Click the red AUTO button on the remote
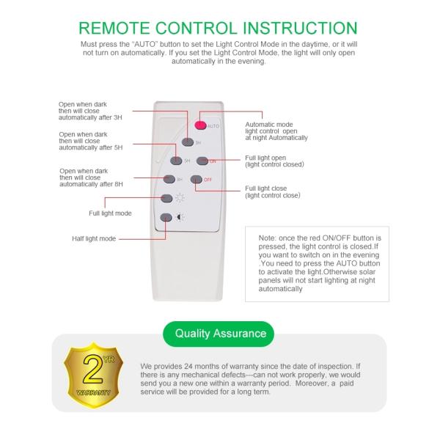tap(201, 125)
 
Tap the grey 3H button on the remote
tap(188, 142)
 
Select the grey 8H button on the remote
tap(169, 179)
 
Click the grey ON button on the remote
tap(202, 161)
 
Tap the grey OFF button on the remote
tap(196, 180)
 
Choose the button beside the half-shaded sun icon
tap(166, 218)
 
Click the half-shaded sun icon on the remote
tap(180, 217)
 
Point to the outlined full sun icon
tap(180, 198)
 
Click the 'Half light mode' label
tap(94, 238)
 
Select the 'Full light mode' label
tap(110, 213)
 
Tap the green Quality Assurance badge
tap(219, 334)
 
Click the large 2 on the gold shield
tap(93, 369)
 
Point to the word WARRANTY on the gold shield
tap(93, 392)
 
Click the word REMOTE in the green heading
tap(114, 28)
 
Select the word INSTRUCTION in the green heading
tap(300, 28)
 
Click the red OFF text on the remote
tap(208, 180)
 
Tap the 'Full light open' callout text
tap(265, 158)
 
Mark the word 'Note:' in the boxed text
tap(268, 238)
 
